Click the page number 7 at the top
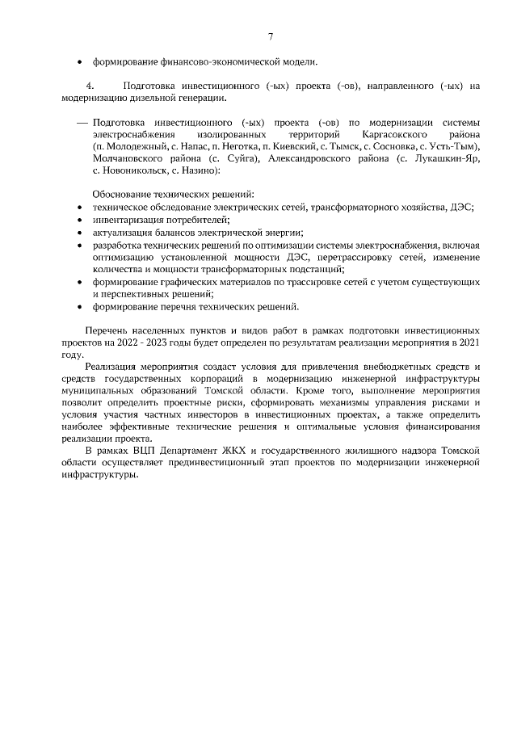point(271,36)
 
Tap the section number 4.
point(90,86)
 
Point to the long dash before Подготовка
point(82,122)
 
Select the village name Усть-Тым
point(456,146)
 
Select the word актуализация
point(121,232)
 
